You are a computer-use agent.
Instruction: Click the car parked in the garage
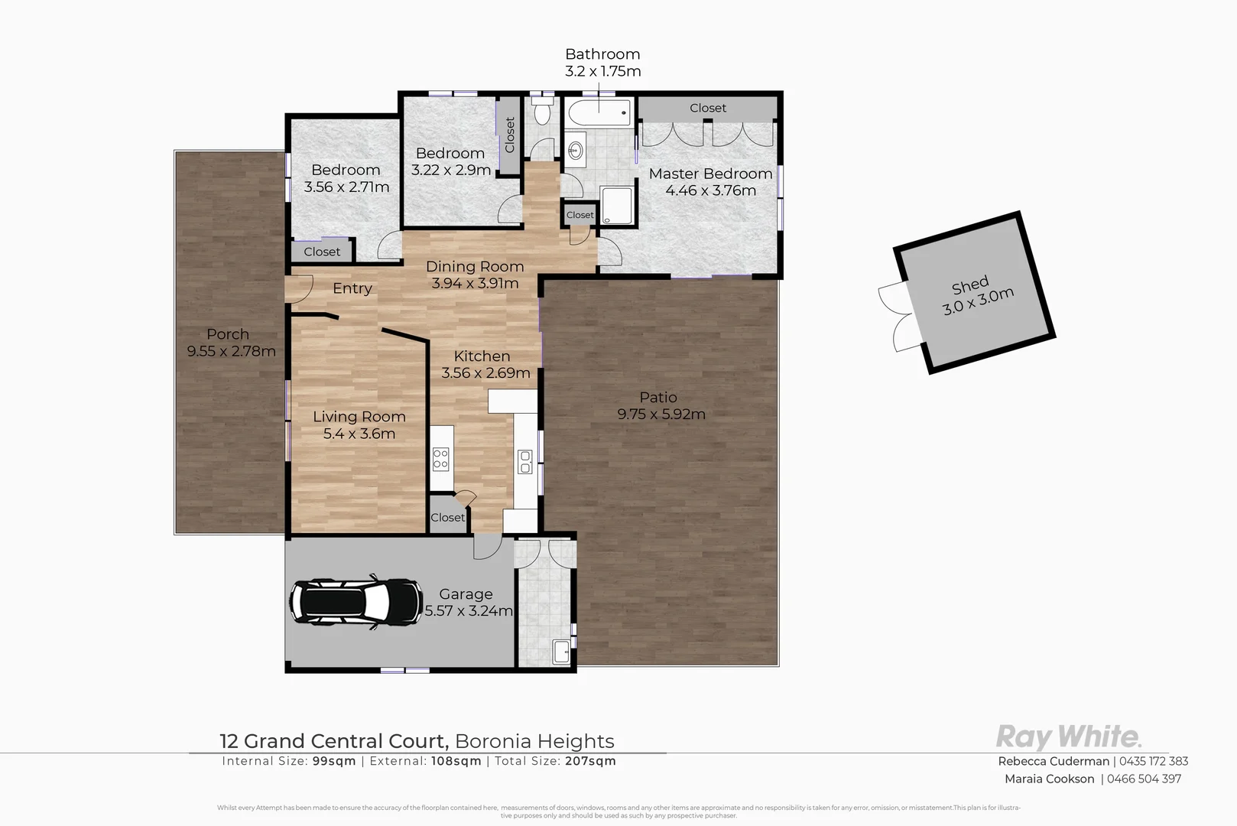[x=356, y=602]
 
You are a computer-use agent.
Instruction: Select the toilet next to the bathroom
[x=543, y=113]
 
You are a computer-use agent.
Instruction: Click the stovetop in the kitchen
[x=441, y=459]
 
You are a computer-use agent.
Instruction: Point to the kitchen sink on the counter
[x=525, y=461]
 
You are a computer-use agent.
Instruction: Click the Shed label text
[x=970, y=285]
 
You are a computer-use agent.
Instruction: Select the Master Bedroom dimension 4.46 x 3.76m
[x=710, y=190]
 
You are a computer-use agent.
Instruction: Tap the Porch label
[x=228, y=334]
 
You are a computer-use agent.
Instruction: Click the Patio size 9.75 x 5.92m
[x=661, y=415]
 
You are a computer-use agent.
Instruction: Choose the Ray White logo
[x=1068, y=737]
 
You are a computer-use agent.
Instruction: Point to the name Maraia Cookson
[x=1049, y=779]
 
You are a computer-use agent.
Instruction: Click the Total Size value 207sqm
[x=590, y=761]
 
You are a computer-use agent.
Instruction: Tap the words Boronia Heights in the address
[x=534, y=741]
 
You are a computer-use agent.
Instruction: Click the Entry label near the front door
[x=352, y=288]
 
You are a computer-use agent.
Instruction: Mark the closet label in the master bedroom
[x=708, y=108]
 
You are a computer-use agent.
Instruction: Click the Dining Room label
[x=475, y=266]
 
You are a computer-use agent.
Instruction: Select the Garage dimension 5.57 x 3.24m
[x=468, y=611]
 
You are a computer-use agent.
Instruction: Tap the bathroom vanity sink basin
[x=576, y=149]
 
